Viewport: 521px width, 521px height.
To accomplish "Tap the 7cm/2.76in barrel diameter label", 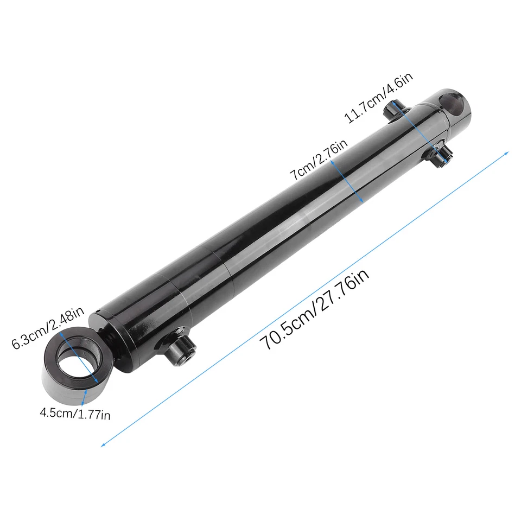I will coord(317,161).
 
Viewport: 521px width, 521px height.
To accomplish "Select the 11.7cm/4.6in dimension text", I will coord(379,98).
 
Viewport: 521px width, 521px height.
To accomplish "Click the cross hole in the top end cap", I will coord(454,103).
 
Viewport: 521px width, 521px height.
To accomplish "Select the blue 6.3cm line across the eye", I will coord(79,359).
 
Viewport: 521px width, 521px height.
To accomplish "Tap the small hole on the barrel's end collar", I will coord(98,312).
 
